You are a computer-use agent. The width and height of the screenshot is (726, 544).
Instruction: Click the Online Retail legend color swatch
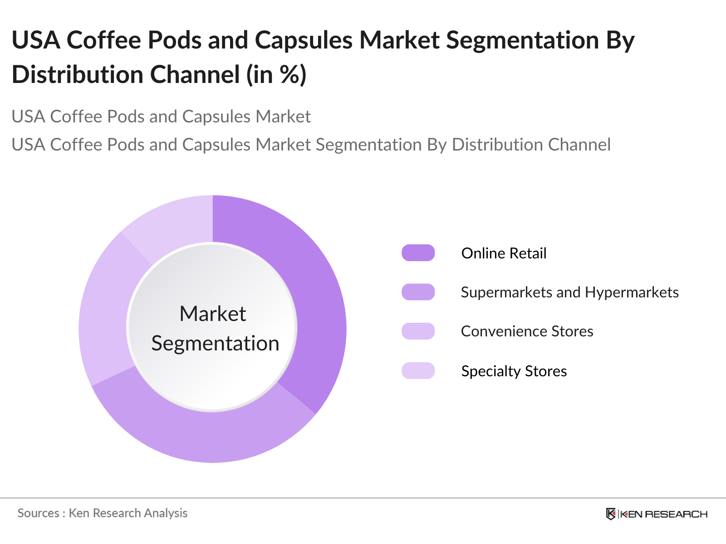coord(418,253)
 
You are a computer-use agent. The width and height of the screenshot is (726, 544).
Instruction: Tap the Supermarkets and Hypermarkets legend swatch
coord(418,292)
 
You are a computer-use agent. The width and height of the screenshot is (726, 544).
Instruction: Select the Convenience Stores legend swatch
coord(418,331)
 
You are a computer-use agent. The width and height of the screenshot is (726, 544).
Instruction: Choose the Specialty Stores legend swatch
coord(418,371)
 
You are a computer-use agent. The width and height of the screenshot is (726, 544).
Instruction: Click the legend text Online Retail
coord(504,253)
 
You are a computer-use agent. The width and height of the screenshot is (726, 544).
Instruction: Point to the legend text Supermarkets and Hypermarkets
coord(569,292)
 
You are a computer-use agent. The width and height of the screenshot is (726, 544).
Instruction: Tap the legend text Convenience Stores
coord(527,331)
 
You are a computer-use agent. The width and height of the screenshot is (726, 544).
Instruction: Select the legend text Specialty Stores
coord(514,371)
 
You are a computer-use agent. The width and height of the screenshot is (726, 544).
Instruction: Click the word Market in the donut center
coord(212,314)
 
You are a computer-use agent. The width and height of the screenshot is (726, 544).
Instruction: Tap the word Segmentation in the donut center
coord(215,344)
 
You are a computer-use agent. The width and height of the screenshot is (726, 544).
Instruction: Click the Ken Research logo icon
coord(611,514)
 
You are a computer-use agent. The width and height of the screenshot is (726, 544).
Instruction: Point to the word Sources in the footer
coord(38,513)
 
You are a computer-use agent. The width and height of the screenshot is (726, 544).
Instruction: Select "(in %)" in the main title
coord(276,75)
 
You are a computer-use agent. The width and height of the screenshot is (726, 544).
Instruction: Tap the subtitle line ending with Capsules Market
coord(161,117)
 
